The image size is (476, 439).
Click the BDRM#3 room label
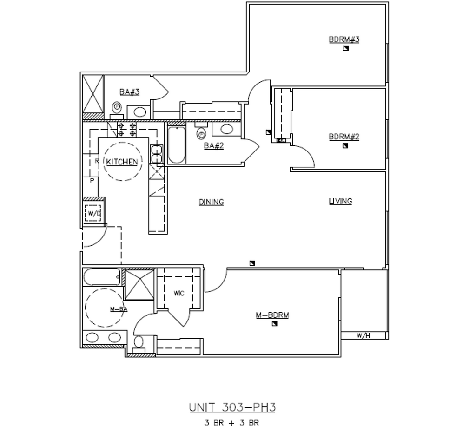tap(344, 39)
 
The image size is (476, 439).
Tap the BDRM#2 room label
tap(344, 137)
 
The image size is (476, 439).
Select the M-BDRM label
tap(273, 315)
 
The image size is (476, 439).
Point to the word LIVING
tap(340, 201)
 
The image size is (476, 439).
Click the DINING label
tap(212, 202)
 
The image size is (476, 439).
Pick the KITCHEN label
tap(122, 162)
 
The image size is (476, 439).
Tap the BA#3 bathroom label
tap(129, 92)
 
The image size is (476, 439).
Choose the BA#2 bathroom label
tap(214, 146)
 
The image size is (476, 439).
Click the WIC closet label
tap(179, 293)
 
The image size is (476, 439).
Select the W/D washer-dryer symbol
tap(93, 213)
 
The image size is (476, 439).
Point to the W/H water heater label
tap(363, 335)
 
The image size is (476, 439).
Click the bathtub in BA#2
tap(177, 145)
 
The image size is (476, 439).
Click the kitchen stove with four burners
tap(126, 129)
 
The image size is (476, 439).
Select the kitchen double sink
tap(157, 155)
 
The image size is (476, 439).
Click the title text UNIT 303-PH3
tap(232, 408)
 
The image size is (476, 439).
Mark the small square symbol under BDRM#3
tap(345, 48)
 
